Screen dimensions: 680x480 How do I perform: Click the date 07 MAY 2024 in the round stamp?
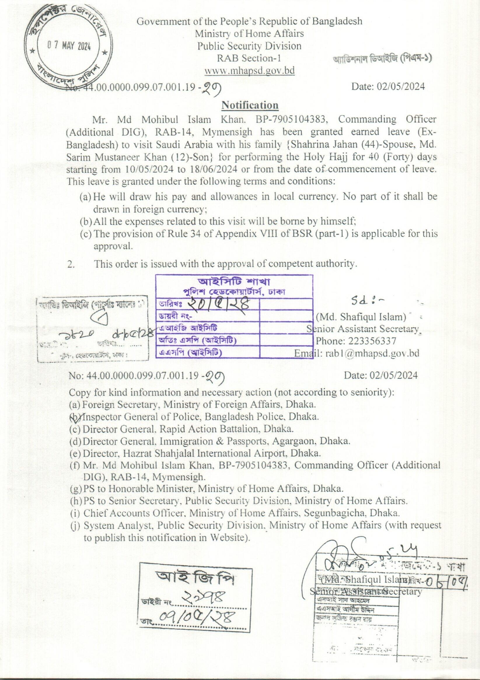pyautogui.click(x=69, y=46)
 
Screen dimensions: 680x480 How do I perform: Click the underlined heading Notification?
pyautogui.click(x=250, y=105)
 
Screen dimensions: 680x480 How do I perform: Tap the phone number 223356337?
pyautogui.click(x=372, y=341)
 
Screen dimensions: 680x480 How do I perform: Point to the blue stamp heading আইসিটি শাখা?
pyautogui.click(x=234, y=281)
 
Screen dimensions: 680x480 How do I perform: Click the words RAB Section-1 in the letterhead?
pyautogui.click(x=249, y=58)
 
